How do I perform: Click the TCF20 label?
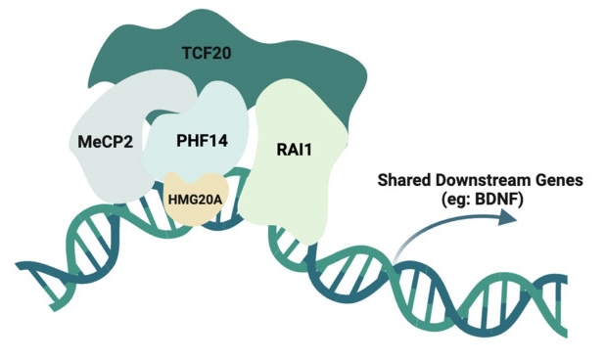[207, 53]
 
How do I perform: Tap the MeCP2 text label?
[105, 142]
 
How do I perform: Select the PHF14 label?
[202, 141]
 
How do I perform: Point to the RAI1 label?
[294, 150]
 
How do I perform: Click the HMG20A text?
[195, 200]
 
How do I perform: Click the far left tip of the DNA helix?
[17, 265]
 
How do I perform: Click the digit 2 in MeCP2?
[127, 142]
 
